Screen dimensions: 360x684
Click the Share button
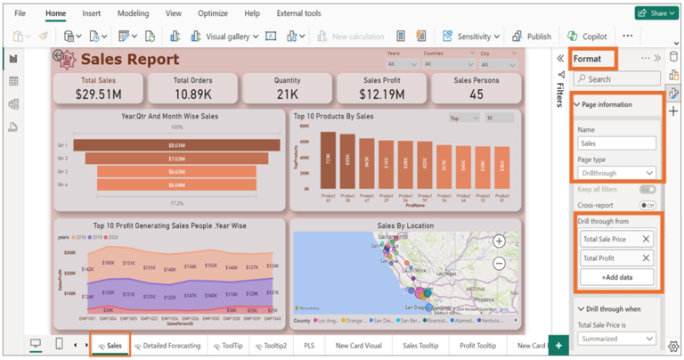(x=656, y=13)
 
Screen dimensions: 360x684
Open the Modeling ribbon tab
(x=133, y=13)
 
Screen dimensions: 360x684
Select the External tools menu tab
(x=298, y=13)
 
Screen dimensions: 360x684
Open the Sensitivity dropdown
(x=472, y=37)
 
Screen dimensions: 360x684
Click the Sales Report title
(x=129, y=60)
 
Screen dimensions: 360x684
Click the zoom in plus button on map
(x=500, y=241)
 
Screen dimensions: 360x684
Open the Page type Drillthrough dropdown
(x=616, y=173)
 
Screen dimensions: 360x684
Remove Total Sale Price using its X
(x=646, y=239)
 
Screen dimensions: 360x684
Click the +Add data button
(x=616, y=278)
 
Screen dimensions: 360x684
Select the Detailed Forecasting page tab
(x=167, y=345)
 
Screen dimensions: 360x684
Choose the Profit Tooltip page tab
(x=477, y=345)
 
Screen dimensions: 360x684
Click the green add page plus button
(x=558, y=345)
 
